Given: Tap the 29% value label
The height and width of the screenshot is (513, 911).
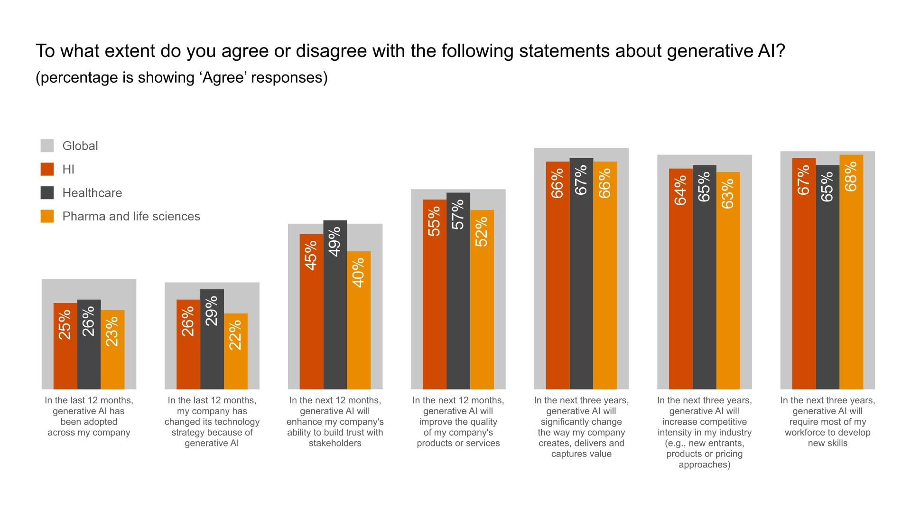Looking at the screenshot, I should pyautogui.click(x=212, y=311).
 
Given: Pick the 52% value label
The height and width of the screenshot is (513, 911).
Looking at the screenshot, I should pyautogui.click(x=482, y=232).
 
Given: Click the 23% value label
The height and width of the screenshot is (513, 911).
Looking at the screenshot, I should pyautogui.click(x=112, y=332).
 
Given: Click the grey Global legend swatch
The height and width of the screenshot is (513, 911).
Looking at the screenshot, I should pyautogui.click(x=47, y=146).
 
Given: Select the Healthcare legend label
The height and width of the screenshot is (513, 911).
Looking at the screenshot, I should pyautogui.click(x=92, y=193).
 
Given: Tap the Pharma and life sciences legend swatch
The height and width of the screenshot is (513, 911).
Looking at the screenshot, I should pyautogui.click(x=47, y=216).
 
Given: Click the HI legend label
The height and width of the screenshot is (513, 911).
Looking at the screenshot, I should pyautogui.click(x=68, y=170).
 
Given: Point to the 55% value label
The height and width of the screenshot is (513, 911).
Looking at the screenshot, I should pyautogui.click(x=434, y=221).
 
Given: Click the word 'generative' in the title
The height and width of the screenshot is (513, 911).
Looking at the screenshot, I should pyautogui.click(x=708, y=51).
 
